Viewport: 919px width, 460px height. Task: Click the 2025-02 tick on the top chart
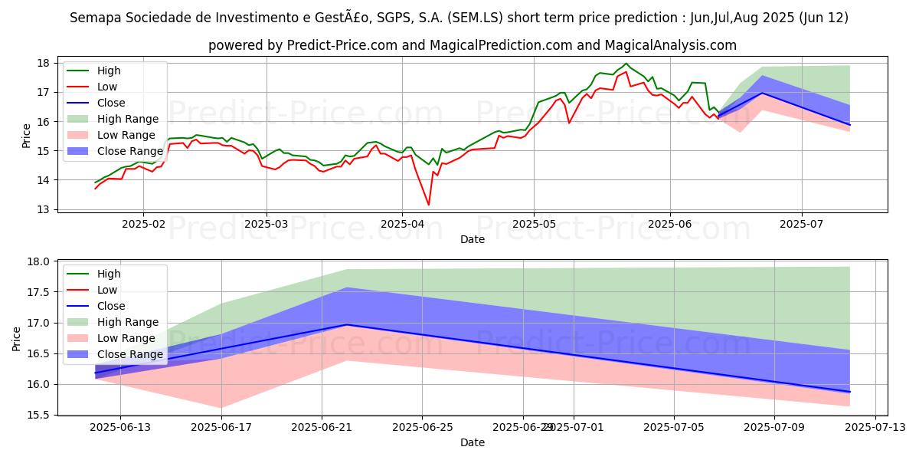pyautogui.click(x=143, y=224)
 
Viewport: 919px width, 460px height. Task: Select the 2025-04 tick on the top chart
pyautogui.click(x=402, y=224)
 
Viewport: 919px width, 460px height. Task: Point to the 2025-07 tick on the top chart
pyautogui.click(x=802, y=224)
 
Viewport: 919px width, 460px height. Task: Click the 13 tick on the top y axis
pyautogui.click(x=44, y=209)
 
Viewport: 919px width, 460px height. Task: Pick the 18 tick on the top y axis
pyautogui.click(x=44, y=63)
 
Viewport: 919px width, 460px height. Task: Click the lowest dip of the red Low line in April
pyautogui.click(x=428, y=205)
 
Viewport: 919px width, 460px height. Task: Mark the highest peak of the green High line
pyautogui.click(x=626, y=64)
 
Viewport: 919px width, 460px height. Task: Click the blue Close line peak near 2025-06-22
pyautogui.click(x=346, y=324)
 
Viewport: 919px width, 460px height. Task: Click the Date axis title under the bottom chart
pyautogui.click(x=472, y=443)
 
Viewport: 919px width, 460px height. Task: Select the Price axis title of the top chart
pyautogui.click(x=27, y=136)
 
